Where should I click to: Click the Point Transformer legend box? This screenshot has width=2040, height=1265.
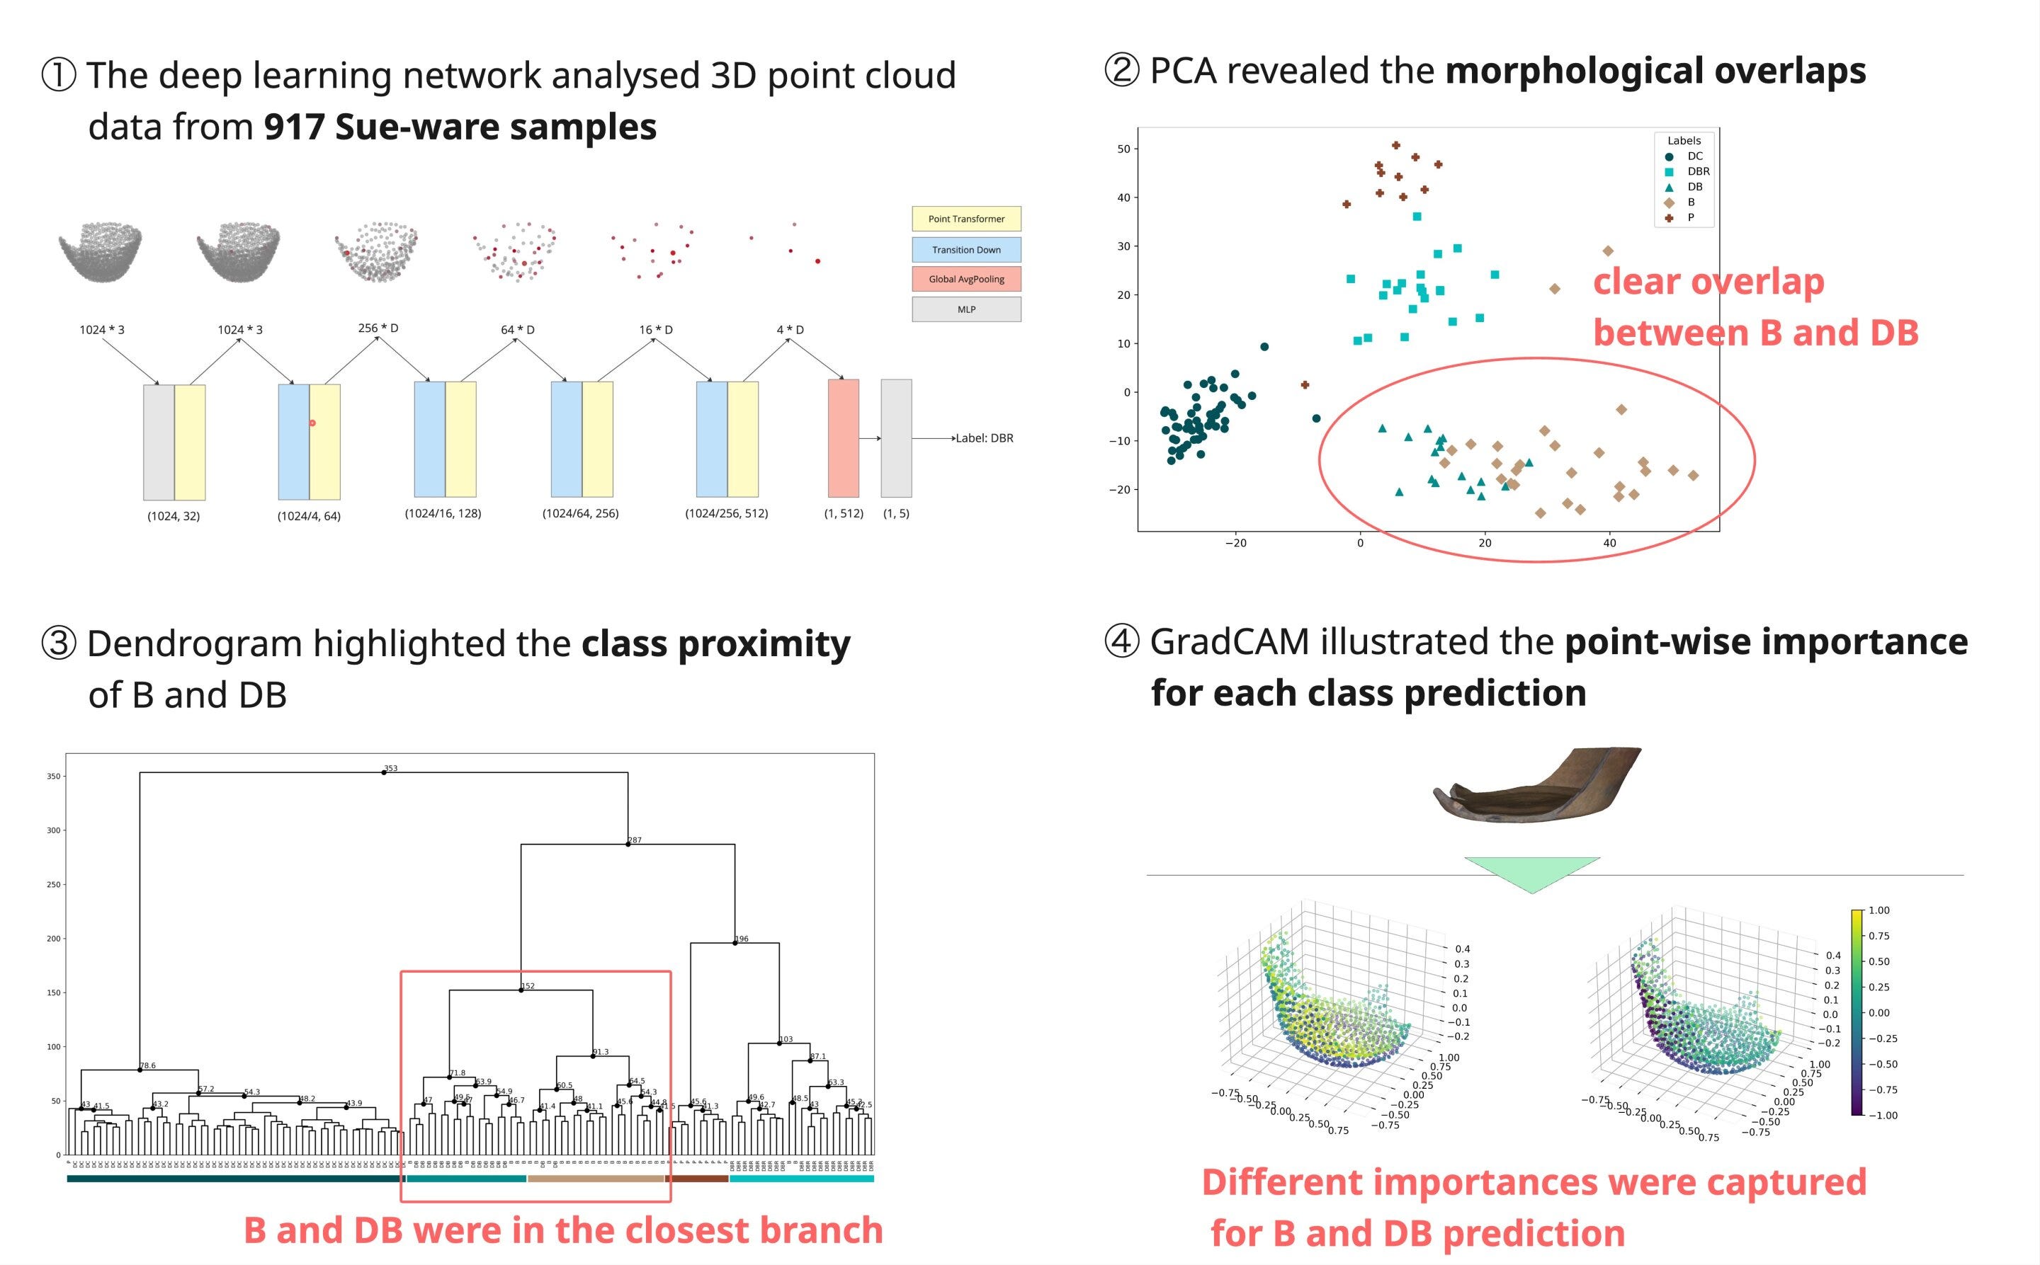pos(966,219)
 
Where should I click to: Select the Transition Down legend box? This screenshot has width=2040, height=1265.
pos(966,250)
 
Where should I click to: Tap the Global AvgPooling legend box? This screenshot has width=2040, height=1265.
pos(966,280)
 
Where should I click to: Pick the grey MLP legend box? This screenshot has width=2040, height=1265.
pos(966,309)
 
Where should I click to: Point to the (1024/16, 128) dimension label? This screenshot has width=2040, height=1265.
pos(443,513)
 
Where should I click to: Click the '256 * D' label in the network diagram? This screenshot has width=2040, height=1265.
pos(378,328)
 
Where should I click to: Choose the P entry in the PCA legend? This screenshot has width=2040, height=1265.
pos(1690,217)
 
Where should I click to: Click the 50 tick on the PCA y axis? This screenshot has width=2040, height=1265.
pos(1123,149)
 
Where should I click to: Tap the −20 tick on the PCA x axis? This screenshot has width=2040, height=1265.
pos(1235,543)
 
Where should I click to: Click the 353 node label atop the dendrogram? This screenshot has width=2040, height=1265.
pos(391,768)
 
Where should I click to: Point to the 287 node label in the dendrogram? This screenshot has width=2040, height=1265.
pos(635,840)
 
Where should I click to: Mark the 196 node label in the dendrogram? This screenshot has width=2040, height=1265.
pos(742,939)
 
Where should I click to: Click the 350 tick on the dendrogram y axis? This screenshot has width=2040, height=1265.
pos(54,777)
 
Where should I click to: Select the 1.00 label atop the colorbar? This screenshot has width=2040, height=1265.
pos(1878,910)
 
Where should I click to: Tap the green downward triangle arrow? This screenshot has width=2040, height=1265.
pos(1531,872)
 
